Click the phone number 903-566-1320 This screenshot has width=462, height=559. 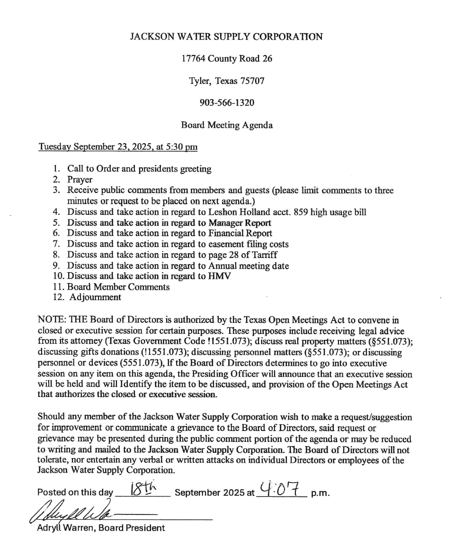click(x=226, y=103)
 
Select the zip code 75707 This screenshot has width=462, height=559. click(x=249, y=81)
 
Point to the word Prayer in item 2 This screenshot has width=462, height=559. click(x=80, y=180)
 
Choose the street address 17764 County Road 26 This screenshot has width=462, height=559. click(x=226, y=59)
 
